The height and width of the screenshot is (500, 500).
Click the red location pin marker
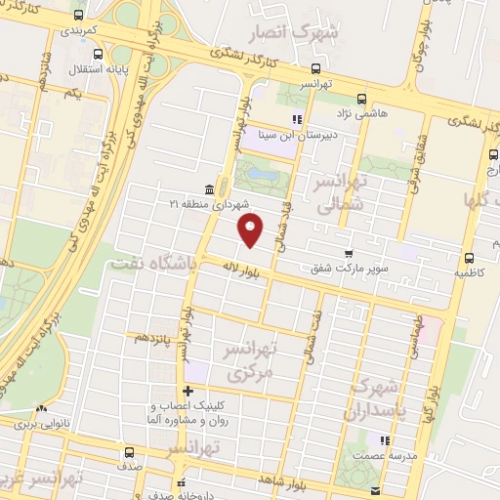click(x=252, y=229)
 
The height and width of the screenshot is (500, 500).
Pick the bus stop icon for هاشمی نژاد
click(x=362, y=99)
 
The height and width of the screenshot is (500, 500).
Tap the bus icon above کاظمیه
click(x=470, y=259)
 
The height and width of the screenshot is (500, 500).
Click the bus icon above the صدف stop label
click(x=128, y=452)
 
